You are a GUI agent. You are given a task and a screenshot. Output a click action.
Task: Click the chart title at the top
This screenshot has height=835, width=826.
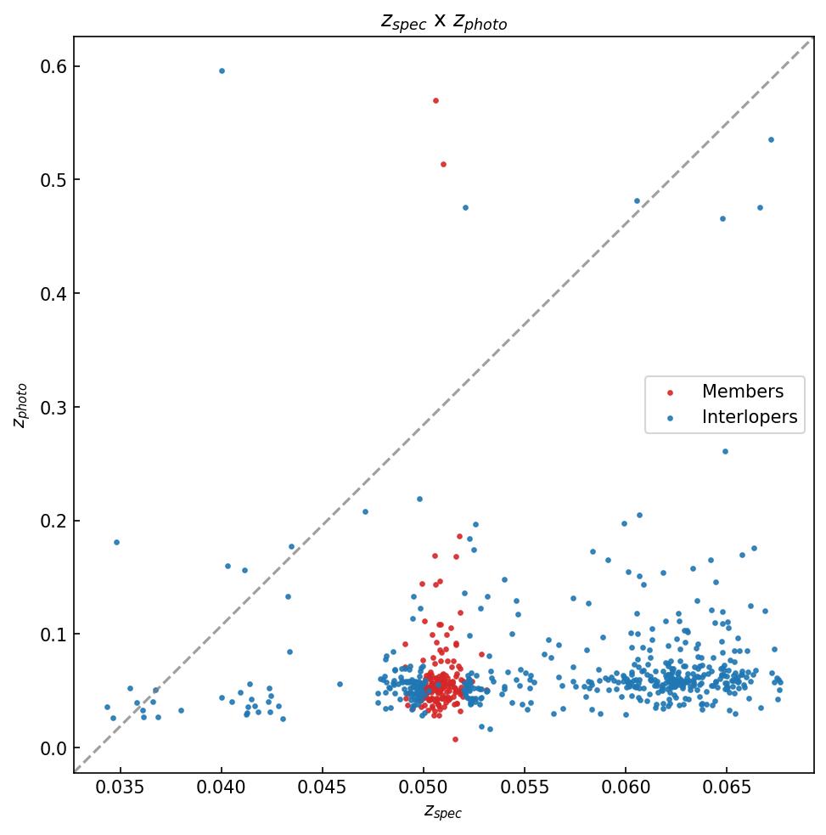point(443,21)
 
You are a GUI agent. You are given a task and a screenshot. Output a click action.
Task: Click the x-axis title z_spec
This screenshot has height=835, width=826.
point(443,811)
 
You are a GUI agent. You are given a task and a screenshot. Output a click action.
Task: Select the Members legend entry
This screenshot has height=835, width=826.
point(742,392)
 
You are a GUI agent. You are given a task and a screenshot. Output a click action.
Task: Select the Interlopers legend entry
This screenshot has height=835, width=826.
point(749,417)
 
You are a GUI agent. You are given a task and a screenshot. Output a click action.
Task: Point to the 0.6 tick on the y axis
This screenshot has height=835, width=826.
point(53,66)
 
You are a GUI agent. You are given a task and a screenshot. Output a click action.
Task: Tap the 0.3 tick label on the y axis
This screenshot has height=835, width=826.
point(53,407)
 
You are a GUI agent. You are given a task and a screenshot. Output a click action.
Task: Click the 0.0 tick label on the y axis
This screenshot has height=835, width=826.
point(53,748)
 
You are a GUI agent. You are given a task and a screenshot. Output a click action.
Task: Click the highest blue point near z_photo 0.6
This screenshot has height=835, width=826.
point(222,71)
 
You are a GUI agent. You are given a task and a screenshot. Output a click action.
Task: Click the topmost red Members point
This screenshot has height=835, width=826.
point(435,100)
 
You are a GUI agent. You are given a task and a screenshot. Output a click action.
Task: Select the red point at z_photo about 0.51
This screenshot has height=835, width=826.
point(443,164)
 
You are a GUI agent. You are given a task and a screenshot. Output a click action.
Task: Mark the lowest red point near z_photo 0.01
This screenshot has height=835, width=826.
point(455,739)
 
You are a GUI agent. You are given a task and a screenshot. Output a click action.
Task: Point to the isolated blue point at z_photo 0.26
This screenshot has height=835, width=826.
point(725,451)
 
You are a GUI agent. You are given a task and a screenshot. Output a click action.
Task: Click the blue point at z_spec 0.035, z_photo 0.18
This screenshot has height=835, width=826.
point(116,542)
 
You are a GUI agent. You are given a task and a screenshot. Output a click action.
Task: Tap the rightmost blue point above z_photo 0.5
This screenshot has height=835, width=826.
point(771,139)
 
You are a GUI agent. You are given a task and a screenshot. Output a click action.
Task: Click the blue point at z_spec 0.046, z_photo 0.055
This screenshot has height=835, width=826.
point(340,684)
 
